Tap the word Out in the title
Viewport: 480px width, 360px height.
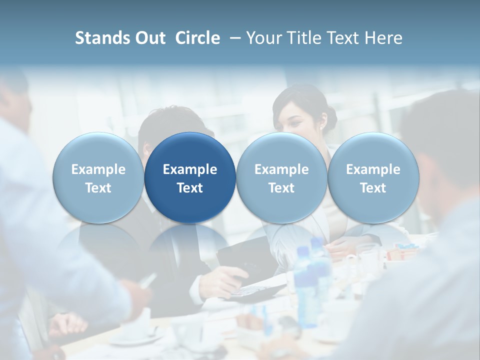pyautogui.click(x=149, y=38)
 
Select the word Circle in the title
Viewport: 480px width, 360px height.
pyautogui.click(x=197, y=38)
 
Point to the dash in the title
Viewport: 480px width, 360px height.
pyautogui.click(x=233, y=38)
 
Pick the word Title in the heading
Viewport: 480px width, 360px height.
pyautogui.click(x=303, y=38)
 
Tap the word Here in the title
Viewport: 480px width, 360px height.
pyautogui.click(x=383, y=38)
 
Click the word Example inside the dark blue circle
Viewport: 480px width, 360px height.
pyautogui.click(x=190, y=169)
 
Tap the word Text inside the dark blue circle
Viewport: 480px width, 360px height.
pyautogui.click(x=190, y=188)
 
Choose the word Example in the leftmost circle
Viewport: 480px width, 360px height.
pyautogui.click(x=98, y=169)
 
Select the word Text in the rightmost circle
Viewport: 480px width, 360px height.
pyautogui.click(x=373, y=188)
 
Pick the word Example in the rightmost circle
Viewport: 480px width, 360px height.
pyautogui.click(x=373, y=169)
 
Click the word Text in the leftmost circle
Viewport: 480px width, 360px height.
pyautogui.click(x=98, y=188)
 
